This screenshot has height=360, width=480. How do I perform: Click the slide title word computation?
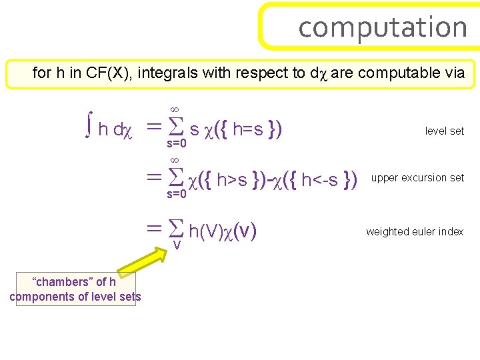coord(383,27)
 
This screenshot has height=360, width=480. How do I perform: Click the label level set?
coord(444,131)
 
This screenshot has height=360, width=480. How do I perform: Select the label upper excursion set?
coord(417,178)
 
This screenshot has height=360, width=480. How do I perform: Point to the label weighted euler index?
coord(415,232)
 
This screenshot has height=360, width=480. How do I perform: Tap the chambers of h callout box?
coord(73,289)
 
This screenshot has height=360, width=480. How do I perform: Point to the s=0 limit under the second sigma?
coord(176,194)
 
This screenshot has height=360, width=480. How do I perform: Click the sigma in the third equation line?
coord(175,230)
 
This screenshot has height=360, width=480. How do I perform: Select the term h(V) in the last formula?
coord(206,232)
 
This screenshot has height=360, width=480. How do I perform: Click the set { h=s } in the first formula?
coord(253,128)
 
